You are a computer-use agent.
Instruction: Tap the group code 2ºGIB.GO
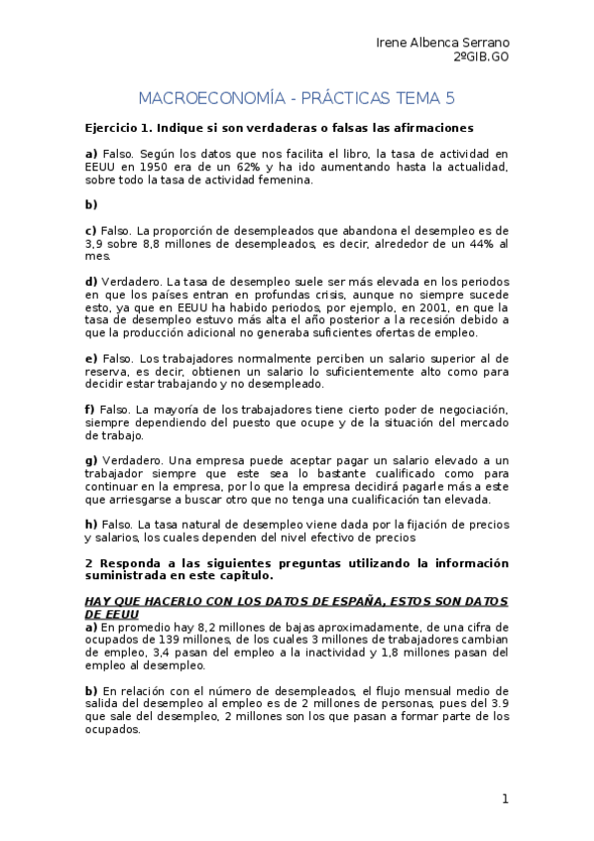(x=481, y=59)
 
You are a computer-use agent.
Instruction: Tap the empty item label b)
(x=91, y=204)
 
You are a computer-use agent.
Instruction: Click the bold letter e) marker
(x=91, y=358)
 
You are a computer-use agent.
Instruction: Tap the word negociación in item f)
(x=468, y=410)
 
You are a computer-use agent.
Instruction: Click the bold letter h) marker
(x=91, y=524)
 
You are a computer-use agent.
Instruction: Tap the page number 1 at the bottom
(x=505, y=798)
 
